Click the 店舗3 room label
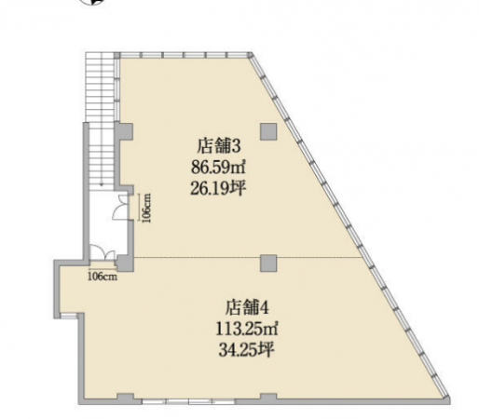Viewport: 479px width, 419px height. (219, 146)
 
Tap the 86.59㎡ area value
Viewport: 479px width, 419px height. (219, 168)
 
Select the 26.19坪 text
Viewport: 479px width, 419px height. (218, 188)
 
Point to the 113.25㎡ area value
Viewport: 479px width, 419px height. (247, 329)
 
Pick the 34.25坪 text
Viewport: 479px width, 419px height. (247, 349)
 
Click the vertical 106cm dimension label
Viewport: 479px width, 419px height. (146, 208)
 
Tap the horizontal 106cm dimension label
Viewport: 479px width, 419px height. (103, 277)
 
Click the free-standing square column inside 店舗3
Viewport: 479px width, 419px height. (268, 131)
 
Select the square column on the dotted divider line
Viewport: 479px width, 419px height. (268, 264)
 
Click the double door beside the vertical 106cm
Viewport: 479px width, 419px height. (120, 207)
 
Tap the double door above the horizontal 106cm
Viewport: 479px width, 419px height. (103, 252)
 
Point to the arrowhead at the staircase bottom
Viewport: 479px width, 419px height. (102, 184)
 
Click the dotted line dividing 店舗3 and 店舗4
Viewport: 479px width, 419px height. (248, 257)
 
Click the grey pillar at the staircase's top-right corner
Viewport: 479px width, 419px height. (116, 55)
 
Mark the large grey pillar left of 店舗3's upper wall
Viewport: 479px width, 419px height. (124, 131)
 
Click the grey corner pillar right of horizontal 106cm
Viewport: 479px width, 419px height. (125, 264)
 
